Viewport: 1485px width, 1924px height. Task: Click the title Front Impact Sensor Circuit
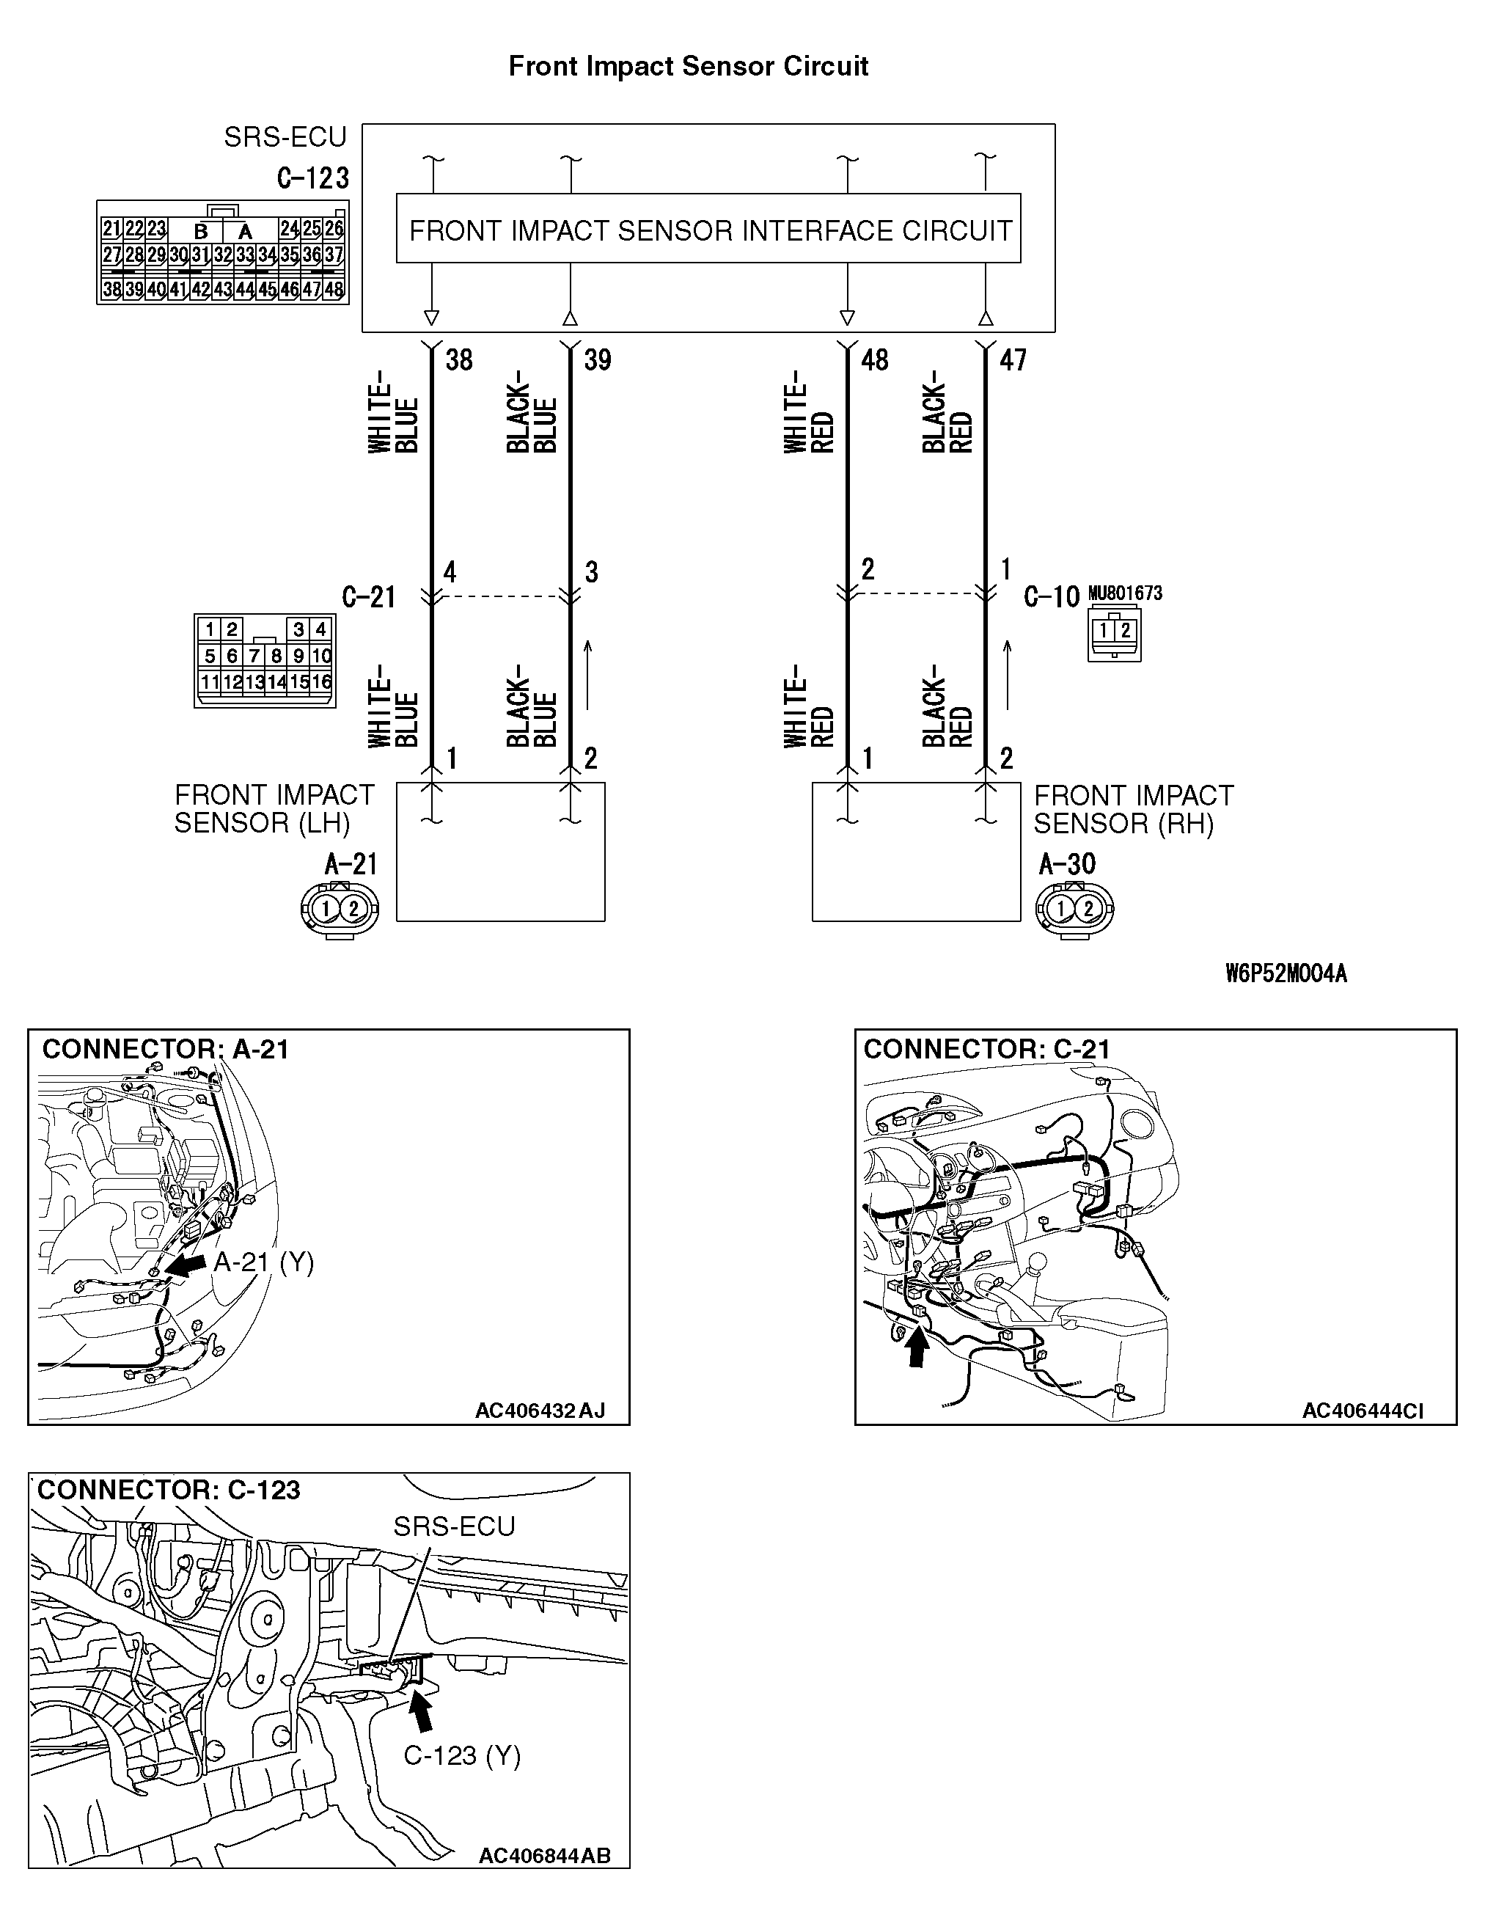(688, 66)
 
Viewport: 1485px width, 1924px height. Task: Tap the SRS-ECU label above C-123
(285, 137)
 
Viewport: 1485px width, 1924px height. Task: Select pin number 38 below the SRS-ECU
(459, 359)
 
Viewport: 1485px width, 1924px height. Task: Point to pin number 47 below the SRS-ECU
(1013, 359)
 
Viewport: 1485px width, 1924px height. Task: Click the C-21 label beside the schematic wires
(368, 597)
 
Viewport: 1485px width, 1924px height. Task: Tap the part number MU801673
(1125, 593)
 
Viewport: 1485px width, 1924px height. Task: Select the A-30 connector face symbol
(1074, 908)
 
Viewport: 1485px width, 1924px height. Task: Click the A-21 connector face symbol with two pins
(339, 908)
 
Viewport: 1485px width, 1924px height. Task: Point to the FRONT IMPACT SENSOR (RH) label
(1133, 809)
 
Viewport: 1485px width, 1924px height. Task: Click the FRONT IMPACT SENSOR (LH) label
(274, 809)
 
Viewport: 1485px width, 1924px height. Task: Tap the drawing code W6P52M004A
(1286, 973)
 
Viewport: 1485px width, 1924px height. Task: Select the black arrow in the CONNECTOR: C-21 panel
(918, 1348)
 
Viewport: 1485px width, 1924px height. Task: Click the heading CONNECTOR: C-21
(986, 1049)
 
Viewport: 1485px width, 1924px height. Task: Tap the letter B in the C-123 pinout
(201, 231)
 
